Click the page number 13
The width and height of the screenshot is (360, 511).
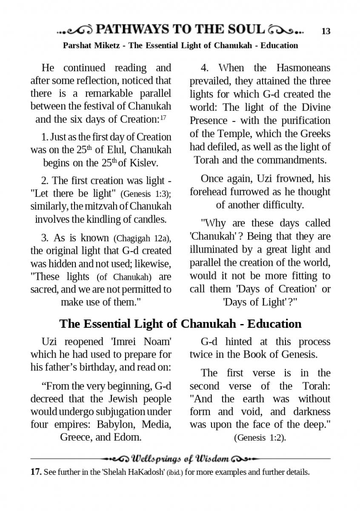[x=326, y=31]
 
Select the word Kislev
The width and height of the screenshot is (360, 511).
[x=143, y=163]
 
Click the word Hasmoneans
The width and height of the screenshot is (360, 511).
[x=303, y=68]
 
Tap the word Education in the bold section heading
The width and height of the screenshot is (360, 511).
[x=274, y=324]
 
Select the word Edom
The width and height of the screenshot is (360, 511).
[x=126, y=437]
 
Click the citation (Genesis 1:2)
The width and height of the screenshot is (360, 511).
[x=260, y=438]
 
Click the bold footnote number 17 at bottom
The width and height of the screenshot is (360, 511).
[x=35, y=472]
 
